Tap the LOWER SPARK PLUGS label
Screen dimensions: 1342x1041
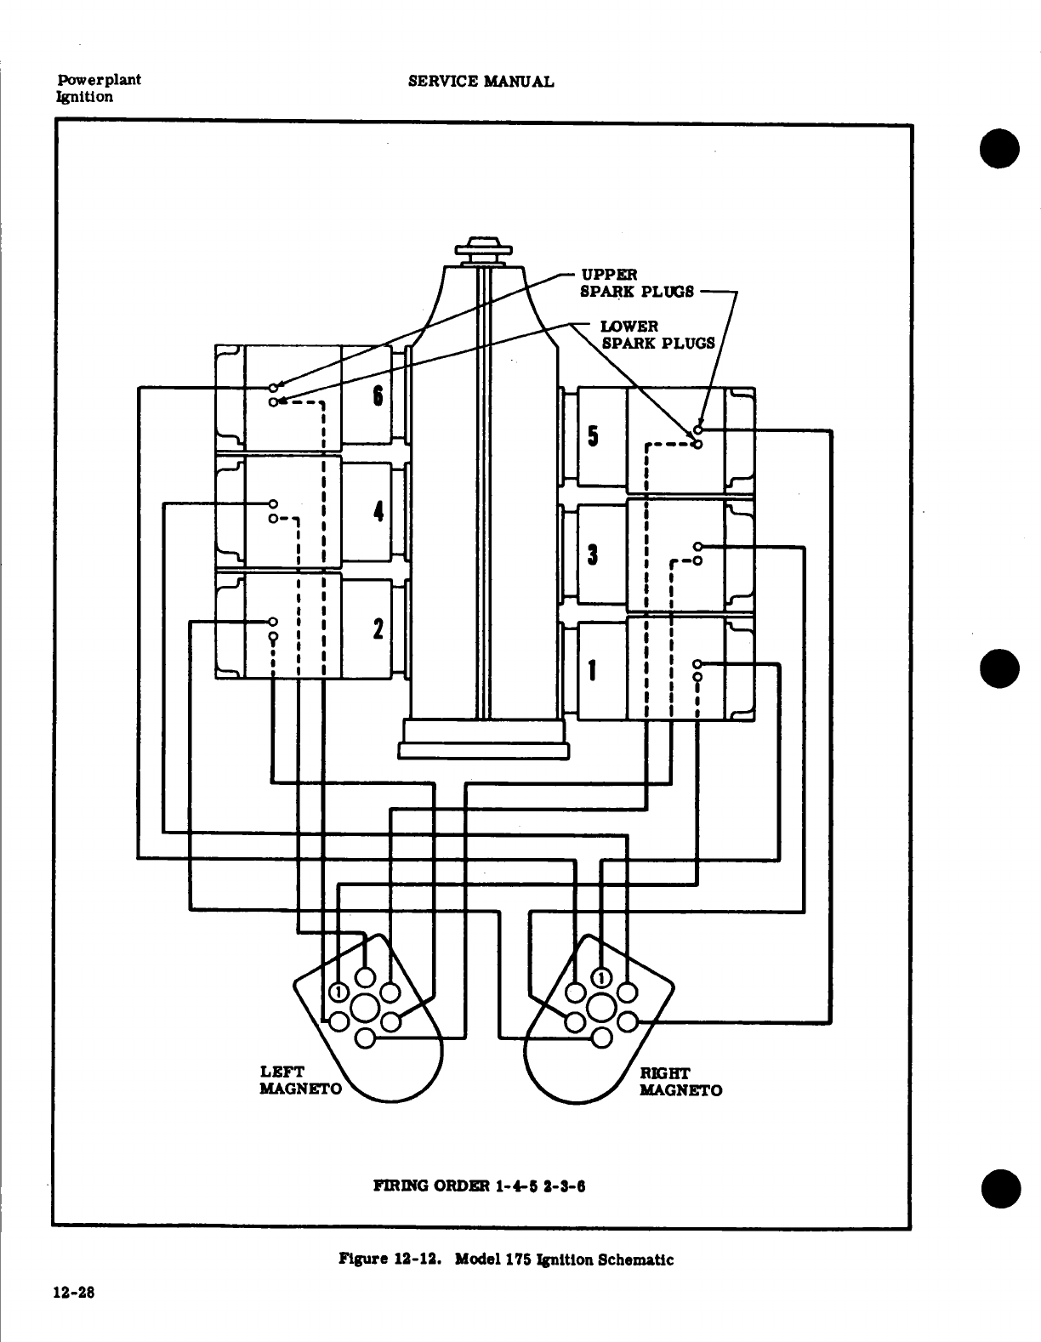point(658,334)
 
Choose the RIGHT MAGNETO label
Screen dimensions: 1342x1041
point(680,1081)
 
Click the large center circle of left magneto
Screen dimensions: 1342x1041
point(364,1009)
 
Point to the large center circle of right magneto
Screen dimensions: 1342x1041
point(601,1009)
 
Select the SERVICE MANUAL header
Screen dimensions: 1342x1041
point(481,82)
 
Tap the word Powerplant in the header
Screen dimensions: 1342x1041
point(99,80)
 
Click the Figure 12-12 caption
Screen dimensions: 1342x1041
point(506,1260)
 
